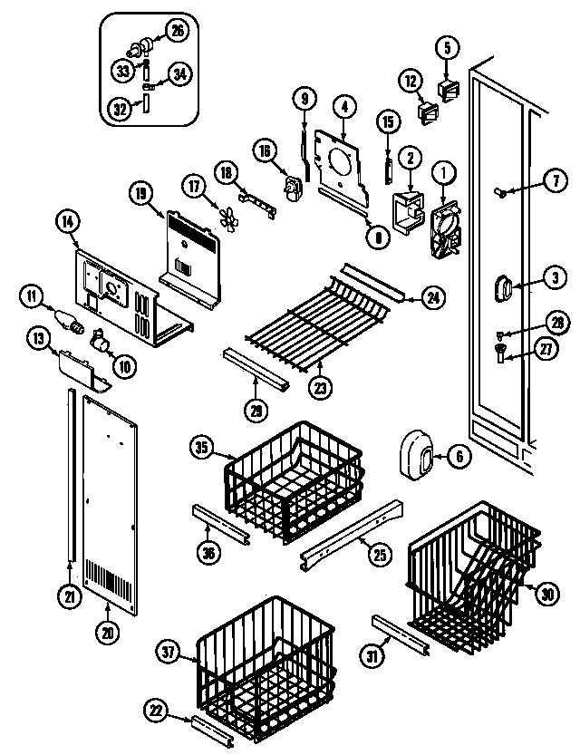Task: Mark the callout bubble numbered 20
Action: [x=108, y=634]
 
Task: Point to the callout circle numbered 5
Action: [x=447, y=46]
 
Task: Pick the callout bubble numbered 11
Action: [x=33, y=295]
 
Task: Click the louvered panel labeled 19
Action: [x=192, y=249]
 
